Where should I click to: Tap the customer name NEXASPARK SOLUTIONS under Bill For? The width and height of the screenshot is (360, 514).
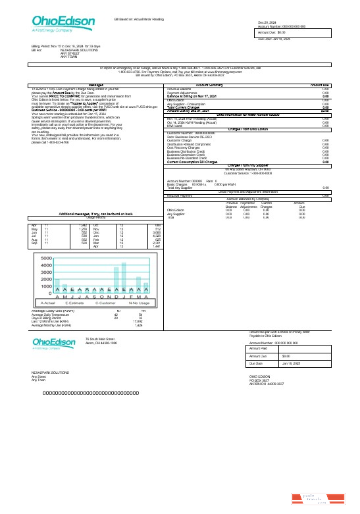(80, 50)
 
